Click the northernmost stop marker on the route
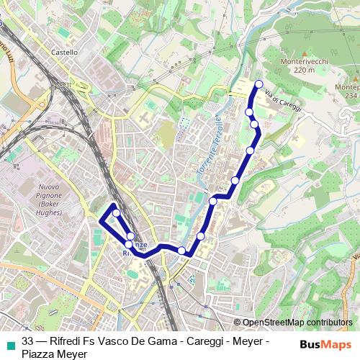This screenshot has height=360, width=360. pos(258,84)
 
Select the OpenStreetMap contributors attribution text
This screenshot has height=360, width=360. pos(297,323)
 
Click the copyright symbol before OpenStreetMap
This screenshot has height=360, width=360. pos(238,323)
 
